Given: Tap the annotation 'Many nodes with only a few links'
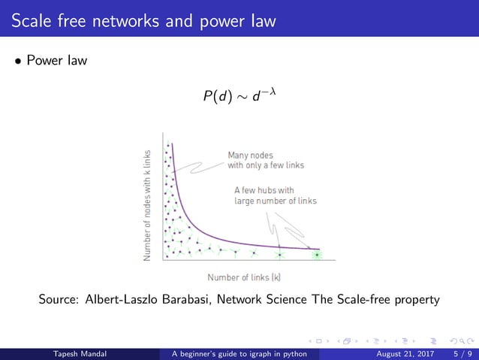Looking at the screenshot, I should point(266,160).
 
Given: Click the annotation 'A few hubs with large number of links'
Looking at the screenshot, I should point(275,195).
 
